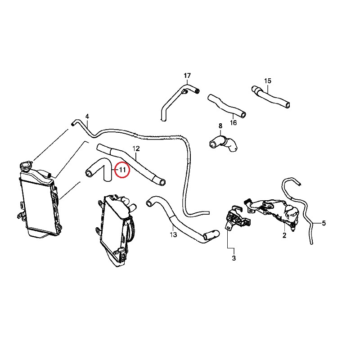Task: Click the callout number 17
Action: tap(188, 75)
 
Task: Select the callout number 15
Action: tap(268, 81)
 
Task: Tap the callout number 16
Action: tap(233, 122)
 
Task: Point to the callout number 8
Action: tap(220, 126)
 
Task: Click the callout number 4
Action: tap(87, 116)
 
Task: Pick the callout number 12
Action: tap(136, 148)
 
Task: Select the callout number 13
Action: tap(173, 234)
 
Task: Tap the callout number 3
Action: tap(234, 258)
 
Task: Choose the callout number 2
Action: tap(284, 235)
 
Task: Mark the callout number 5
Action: tap(324, 223)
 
